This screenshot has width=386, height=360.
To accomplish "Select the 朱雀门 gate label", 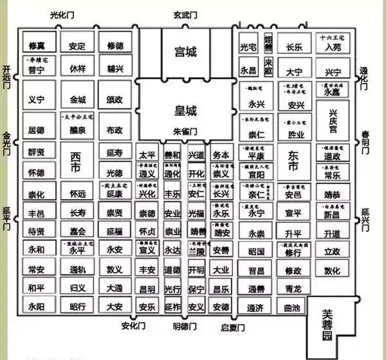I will click(x=186, y=131).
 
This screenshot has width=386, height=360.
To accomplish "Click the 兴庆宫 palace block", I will click(x=333, y=120).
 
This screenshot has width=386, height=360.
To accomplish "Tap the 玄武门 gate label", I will click(x=185, y=14).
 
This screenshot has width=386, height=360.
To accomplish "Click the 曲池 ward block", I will click(x=292, y=307).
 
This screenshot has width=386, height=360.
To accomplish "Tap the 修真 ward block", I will click(x=35, y=46).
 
